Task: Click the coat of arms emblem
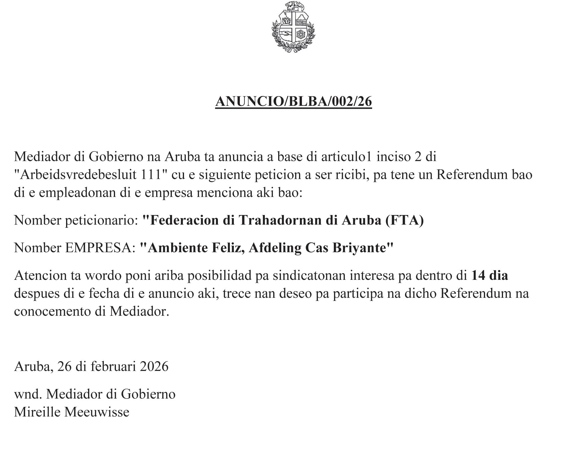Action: tap(293, 27)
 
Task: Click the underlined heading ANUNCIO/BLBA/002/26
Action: tap(293, 102)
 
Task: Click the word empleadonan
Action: tap(77, 193)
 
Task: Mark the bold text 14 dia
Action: tap(489, 275)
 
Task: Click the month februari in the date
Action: tap(113, 366)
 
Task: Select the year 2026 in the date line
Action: tap(154, 366)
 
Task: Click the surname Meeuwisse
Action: tap(97, 412)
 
